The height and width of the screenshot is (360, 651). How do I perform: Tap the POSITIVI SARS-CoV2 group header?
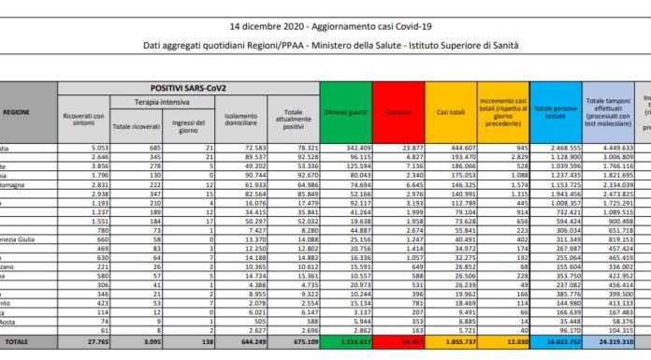coord(186,87)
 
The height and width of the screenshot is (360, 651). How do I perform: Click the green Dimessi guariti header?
coord(345,111)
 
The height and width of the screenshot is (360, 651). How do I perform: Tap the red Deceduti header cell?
coord(398,111)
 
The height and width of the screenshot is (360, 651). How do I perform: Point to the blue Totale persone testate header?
coord(556,112)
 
